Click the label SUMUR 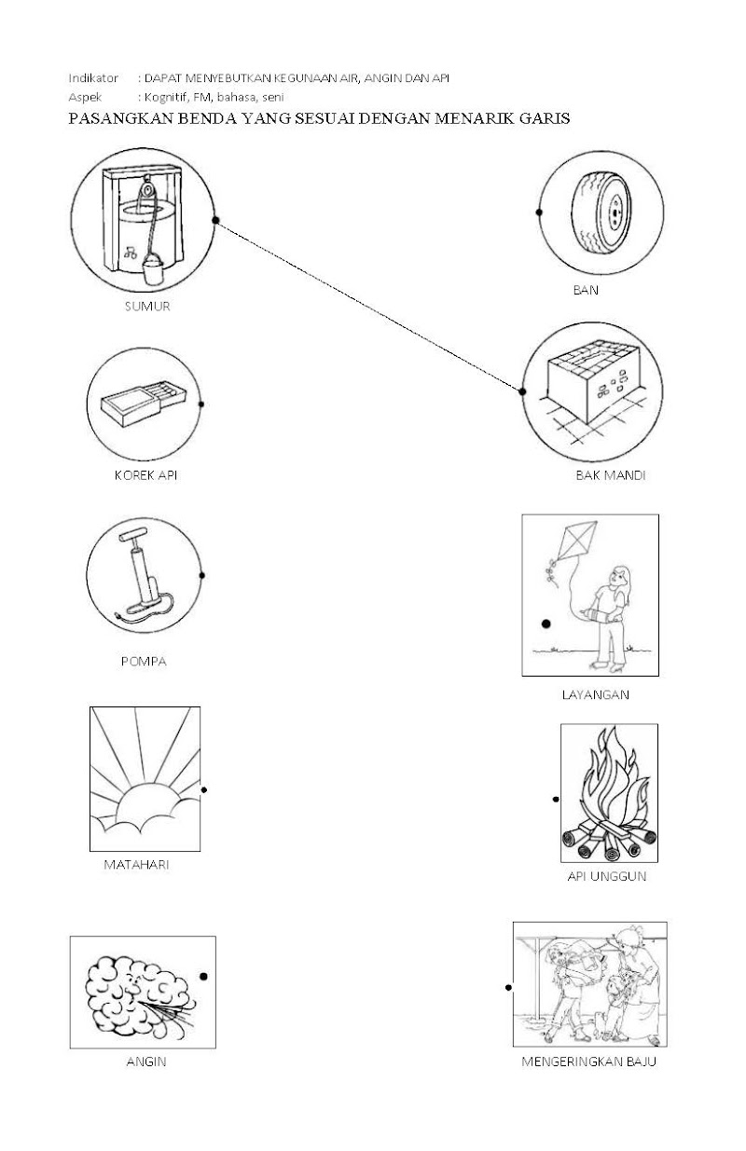pyautogui.click(x=147, y=306)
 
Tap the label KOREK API pyautogui.click(x=145, y=474)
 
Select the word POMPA pyautogui.click(x=144, y=662)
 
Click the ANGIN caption pyautogui.click(x=145, y=1061)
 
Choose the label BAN pyautogui.click(x=586, y=290)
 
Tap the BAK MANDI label pyautogui.click(x=611, y=475)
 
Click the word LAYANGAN pyautogui.click(x=596, y=694)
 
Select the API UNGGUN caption pyautogui.click(x=607, y=877)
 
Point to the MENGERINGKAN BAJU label pyautogui.click(x=589, y=1061)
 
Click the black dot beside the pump pyautogui.click(x=202, y=575)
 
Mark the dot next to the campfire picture pyautogui.click(x=556, y=799)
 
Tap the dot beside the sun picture pyautogui.click(x=204, y=789)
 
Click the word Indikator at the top pyautogui.click(x=93, y=78)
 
